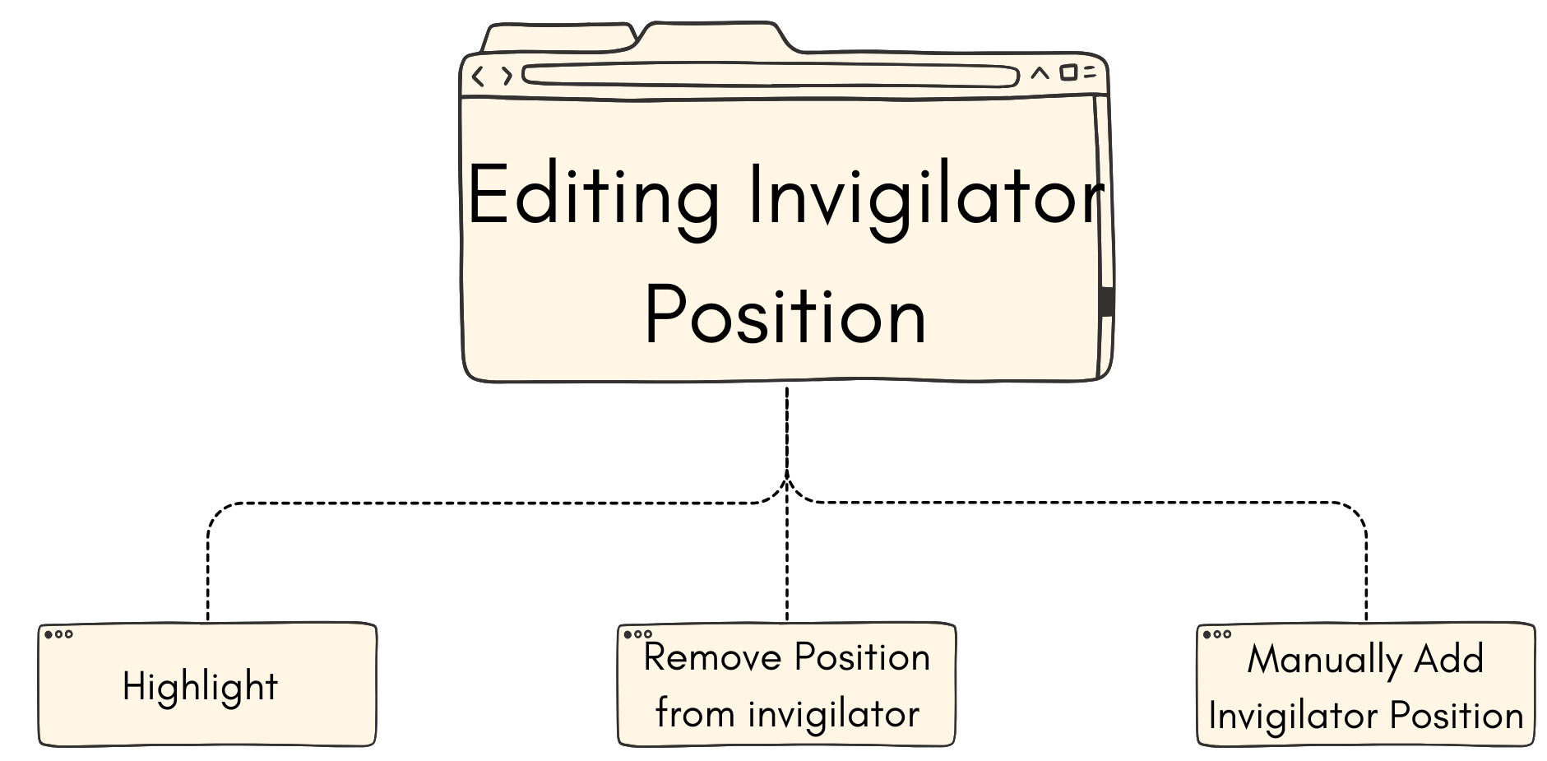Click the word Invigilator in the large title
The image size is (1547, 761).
click(925, 196)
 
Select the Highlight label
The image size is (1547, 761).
click(200, 686)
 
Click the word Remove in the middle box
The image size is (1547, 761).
click(712, 657)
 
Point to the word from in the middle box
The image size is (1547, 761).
click(695, 713)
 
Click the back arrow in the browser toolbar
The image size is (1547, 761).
click(479, 77)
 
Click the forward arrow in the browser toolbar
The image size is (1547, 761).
click(507, 77)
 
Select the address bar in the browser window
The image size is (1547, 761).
click(770, 76)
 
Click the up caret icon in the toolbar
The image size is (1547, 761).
click(1040, 73)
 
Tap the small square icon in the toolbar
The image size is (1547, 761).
click(1068, 72)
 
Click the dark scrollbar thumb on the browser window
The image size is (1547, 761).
click(1106, 300)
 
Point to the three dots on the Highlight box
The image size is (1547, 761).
click(58, 634)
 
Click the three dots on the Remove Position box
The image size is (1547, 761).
click(637, 634)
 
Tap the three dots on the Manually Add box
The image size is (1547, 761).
click(1216, 634)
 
